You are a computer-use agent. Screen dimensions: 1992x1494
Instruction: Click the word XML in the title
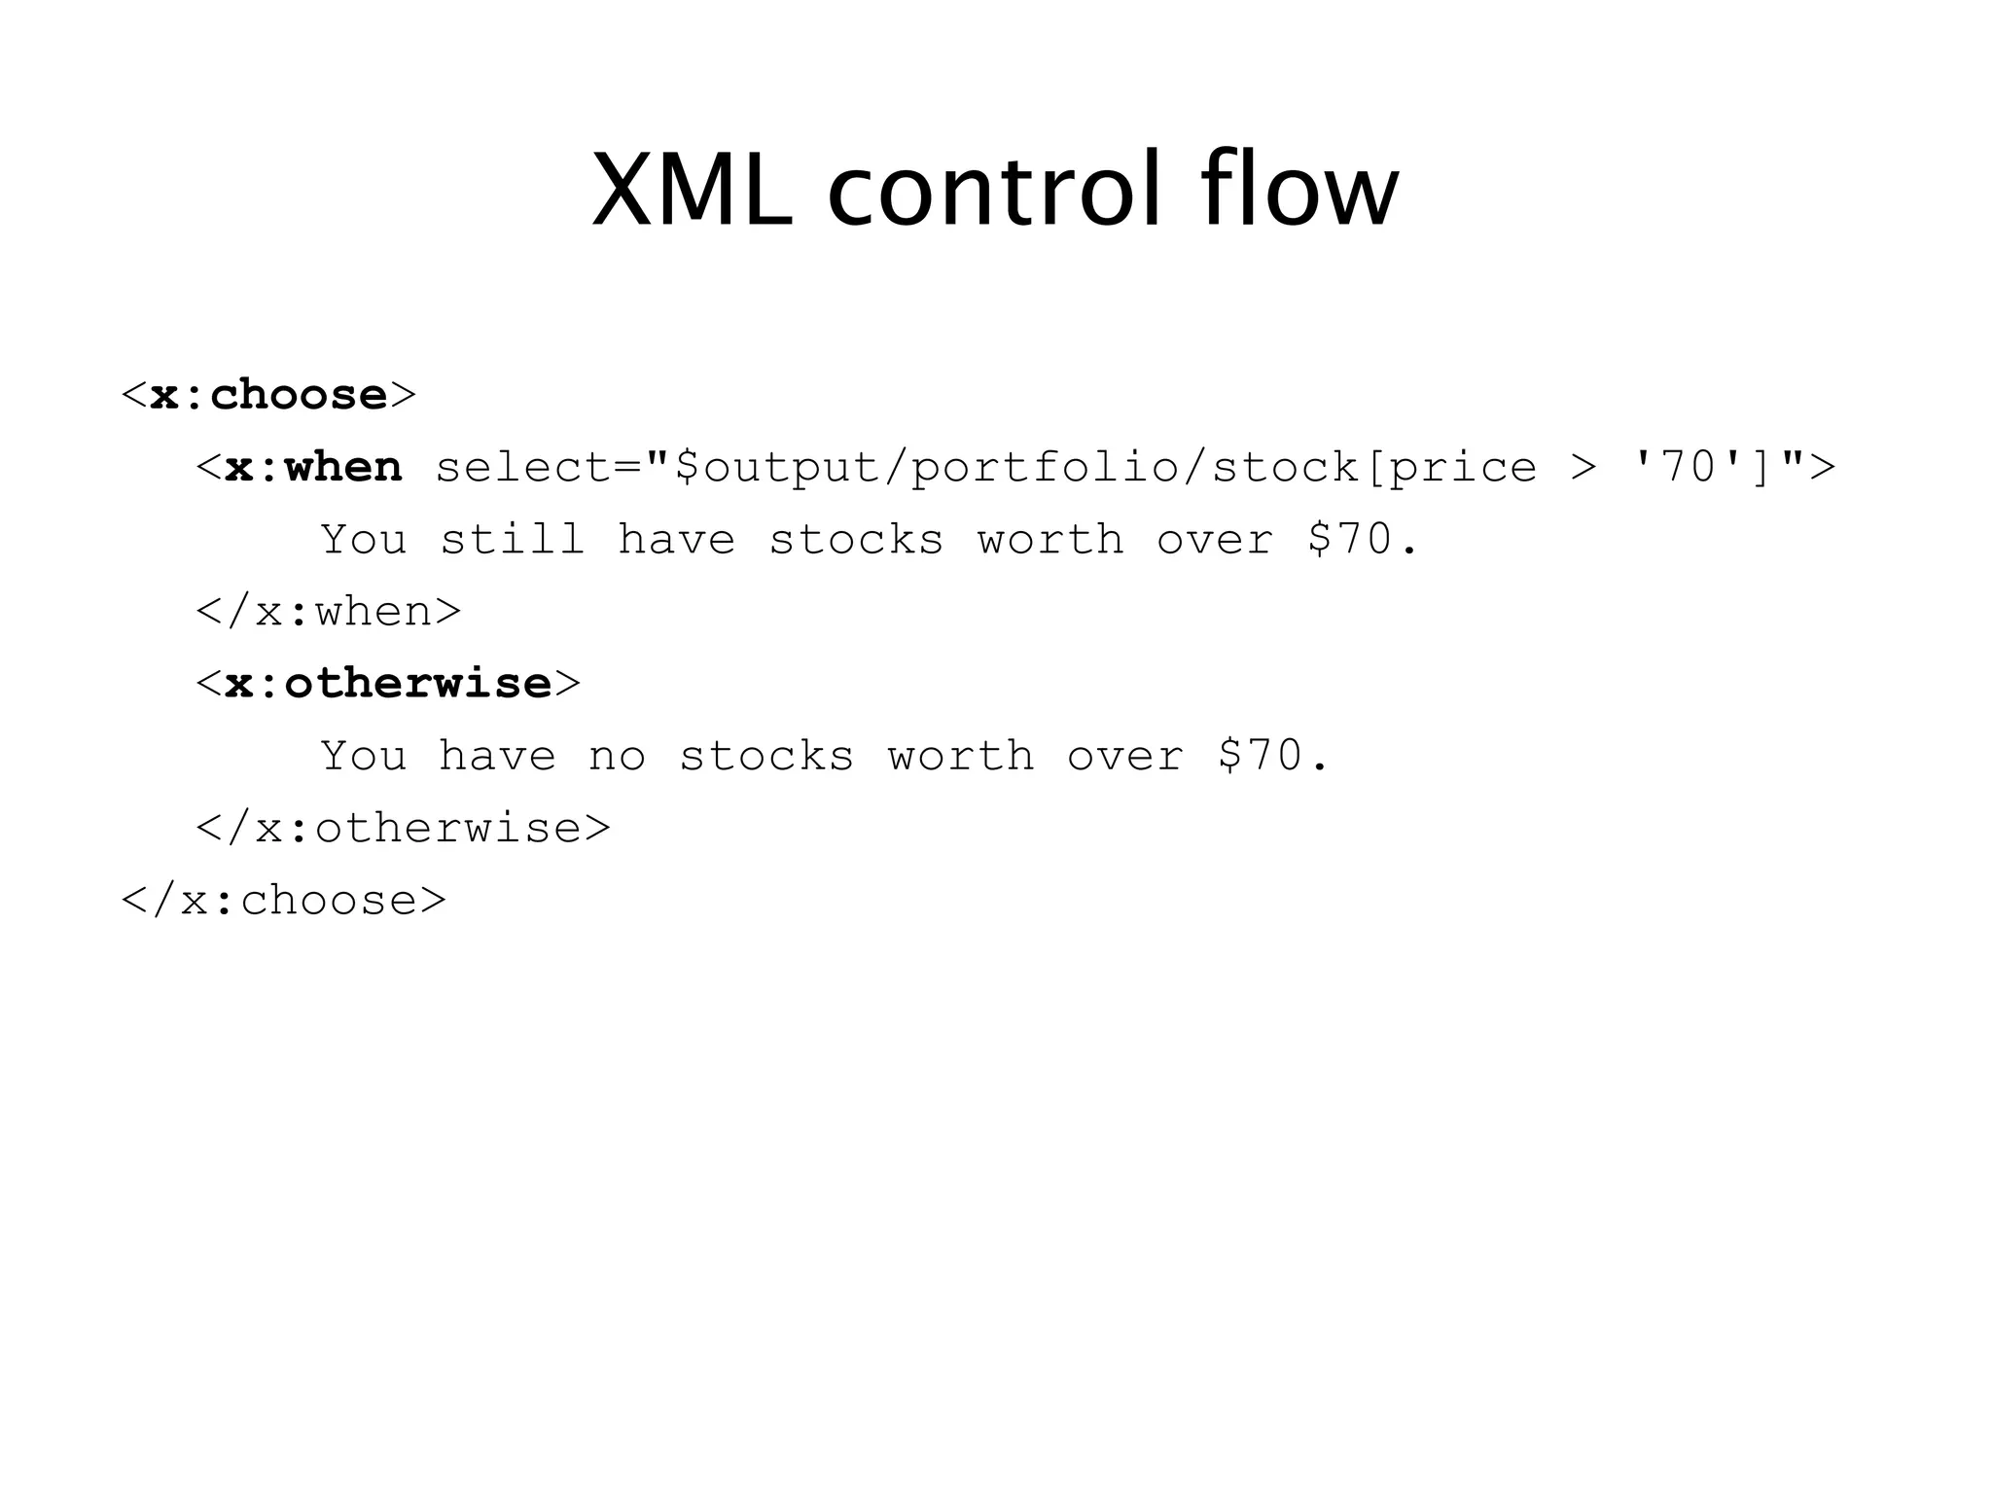pyautogui.click(x=692, y=191)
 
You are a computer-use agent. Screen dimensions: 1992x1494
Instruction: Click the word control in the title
pyautogui.click(x=995, y=191)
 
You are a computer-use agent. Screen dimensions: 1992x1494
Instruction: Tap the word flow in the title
pyautogui.click(x=1299, y=191)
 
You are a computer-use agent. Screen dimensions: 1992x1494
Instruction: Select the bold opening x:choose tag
pyautogui.click(x=268, y=395)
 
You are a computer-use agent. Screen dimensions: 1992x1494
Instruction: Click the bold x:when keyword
pyautogui.click(x=313, y=468)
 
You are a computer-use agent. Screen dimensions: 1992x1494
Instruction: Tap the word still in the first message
pyautogui.click(x=513, y=540)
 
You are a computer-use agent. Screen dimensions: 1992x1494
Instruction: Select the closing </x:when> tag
pyautogui.click(x=329, y=612)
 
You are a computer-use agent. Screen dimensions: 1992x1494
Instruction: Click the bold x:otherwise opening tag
pyautogui.click(x=388, y=684)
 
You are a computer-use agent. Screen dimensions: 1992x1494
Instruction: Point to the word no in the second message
pyautogui.click(x=617, y=757)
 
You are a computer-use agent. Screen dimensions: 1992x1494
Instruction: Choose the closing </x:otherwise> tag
pyautogui.click(x=404, y=829)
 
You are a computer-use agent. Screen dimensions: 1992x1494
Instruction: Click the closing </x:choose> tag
pyautogui.click(x=284, y=901)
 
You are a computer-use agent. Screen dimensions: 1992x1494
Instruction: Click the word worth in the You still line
pyautogui.click(x=1050, y=540)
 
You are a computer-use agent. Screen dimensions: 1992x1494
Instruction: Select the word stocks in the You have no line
pyautogui.click(x=766, y=757)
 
